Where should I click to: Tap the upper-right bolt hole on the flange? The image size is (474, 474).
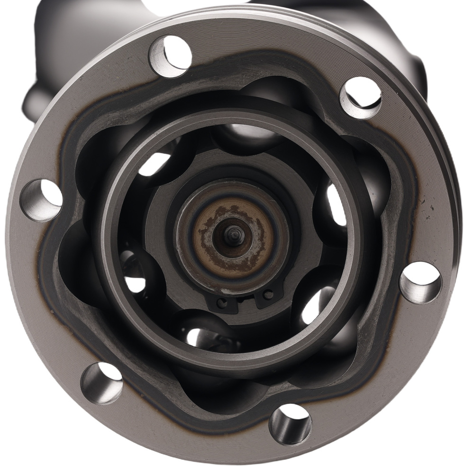click(361, 97)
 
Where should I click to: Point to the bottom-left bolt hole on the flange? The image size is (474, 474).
click(101, 383)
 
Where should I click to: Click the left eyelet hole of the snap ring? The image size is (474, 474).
click(220, 301)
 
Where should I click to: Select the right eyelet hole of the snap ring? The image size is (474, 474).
click(269, 295)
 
